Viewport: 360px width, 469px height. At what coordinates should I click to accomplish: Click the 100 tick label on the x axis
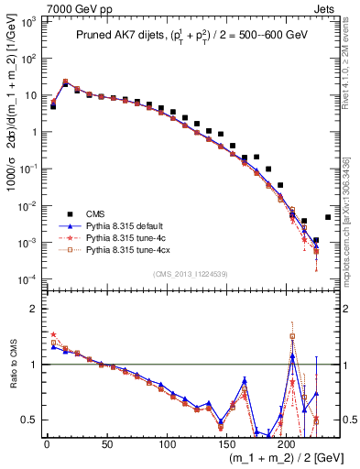tap(168, 444)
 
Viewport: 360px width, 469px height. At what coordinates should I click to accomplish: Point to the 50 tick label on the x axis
tap(107, 444)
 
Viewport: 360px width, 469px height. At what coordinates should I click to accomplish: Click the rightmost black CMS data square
tap(328, 217)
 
